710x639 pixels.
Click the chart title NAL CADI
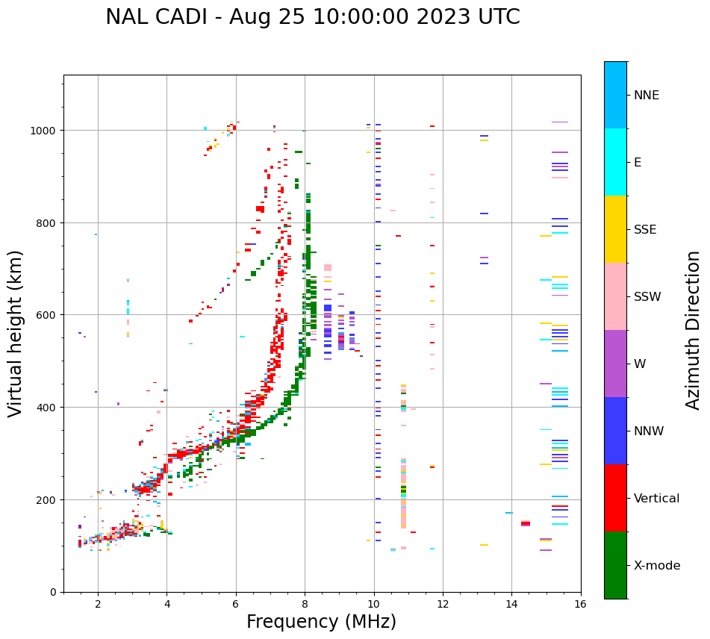[312, 17]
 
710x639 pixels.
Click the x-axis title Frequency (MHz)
[321, 622]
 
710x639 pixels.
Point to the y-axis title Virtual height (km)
[16, 333]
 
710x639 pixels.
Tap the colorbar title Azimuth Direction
[694, 330]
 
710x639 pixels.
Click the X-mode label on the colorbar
[657, 566]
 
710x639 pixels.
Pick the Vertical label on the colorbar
[657, 499]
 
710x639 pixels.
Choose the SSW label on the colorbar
[647, 297]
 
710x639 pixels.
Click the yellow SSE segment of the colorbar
[615, 229]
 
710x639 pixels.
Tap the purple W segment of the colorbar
[615, 364]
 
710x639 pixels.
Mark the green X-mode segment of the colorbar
[615, 565]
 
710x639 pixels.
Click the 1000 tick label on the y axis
[44, 131]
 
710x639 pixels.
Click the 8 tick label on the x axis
[305, 604]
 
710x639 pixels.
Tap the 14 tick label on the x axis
[511, 604]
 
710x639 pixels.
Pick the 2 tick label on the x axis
[98, 604]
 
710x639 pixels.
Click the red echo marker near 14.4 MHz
[526, 523]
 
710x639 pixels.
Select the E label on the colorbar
[638, 163]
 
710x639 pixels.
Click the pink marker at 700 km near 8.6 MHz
[328, 267]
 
